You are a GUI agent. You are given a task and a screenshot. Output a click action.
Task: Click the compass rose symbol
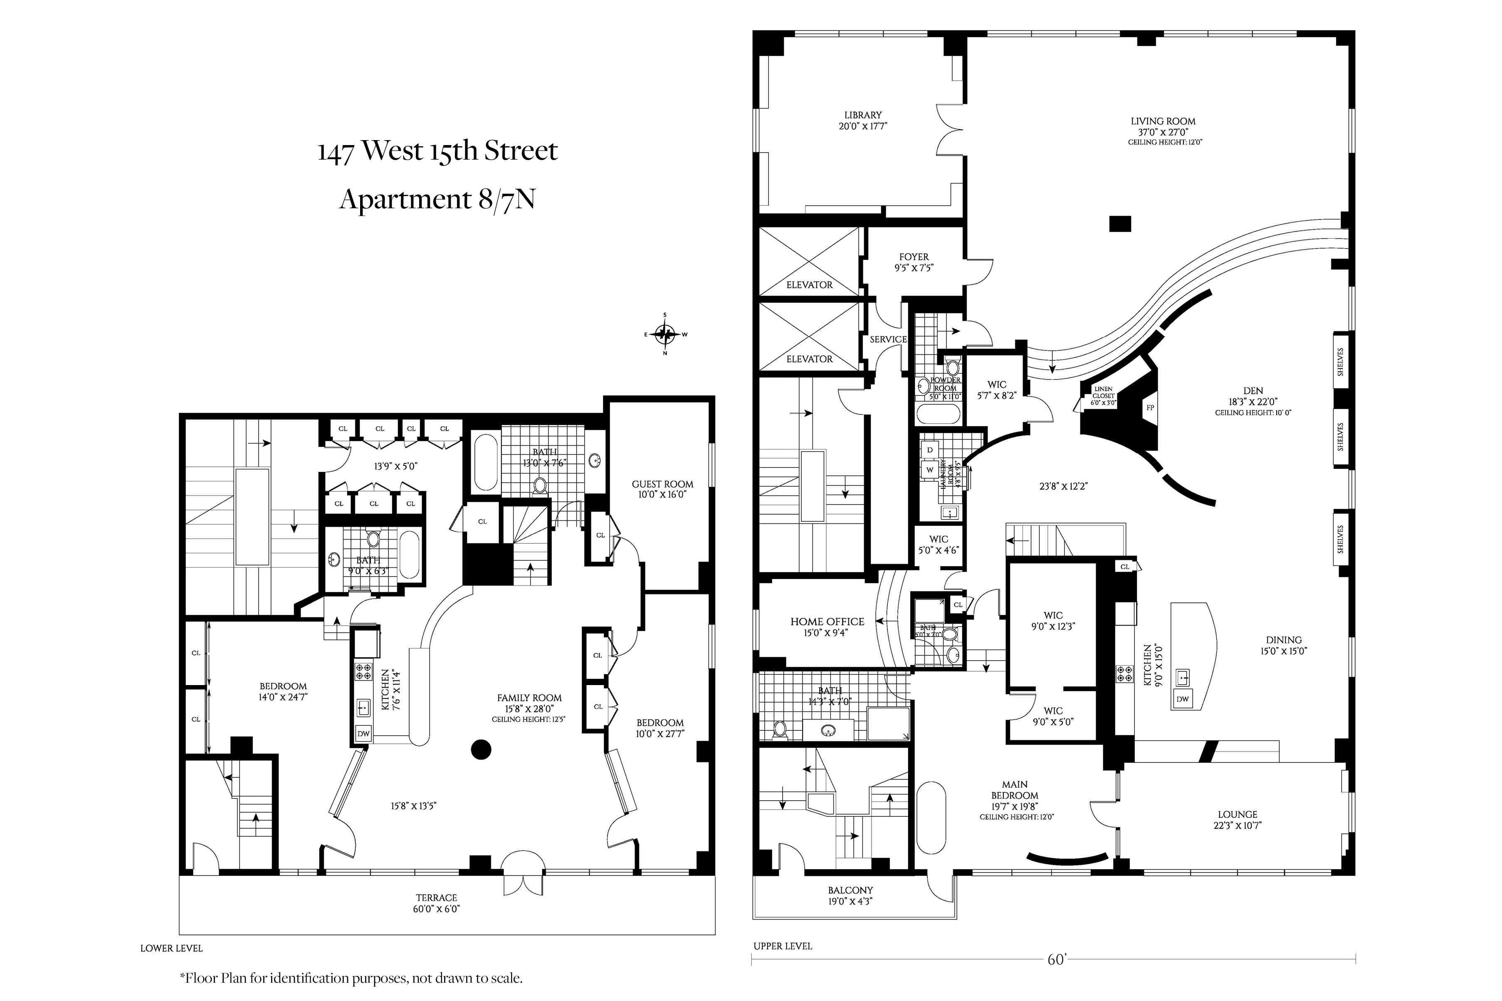click(665, 333)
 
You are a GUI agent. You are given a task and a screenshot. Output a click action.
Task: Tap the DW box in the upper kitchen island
click(1183, 699)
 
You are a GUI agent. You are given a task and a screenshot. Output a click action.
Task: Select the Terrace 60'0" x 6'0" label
click(437, 903)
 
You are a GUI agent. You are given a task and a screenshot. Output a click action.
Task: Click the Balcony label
click(850, 890)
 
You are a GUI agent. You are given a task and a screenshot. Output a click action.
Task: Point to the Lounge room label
click(1238, 815)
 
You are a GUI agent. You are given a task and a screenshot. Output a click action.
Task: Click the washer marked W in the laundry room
click(930, 470)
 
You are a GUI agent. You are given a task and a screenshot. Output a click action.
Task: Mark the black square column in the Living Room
click(1120, 224)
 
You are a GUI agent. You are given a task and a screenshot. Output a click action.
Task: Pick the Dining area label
click(1284, 640)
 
